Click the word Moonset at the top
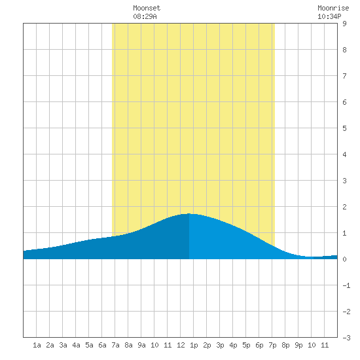click(147, 8)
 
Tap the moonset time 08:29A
click(145, 16)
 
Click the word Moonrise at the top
click(333, 8)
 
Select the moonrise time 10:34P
click(329, 16)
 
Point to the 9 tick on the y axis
click(344, 24)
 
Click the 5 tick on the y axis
click(344, 128)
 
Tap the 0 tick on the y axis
click(344, 259)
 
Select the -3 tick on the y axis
click(346, 338)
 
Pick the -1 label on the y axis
click(346, 285)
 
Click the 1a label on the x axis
click(37, 345)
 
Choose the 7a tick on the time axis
click(115, 345)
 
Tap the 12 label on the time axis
click(181, 345)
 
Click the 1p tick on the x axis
click(194, 345)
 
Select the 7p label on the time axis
click(272, 345)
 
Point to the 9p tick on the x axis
click(298, 345)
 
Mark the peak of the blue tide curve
click(189, 214)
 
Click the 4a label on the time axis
click(76, 345)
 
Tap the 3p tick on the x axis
click(220, 345)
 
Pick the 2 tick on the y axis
click(344, 207)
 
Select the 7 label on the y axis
click(344, 76)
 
